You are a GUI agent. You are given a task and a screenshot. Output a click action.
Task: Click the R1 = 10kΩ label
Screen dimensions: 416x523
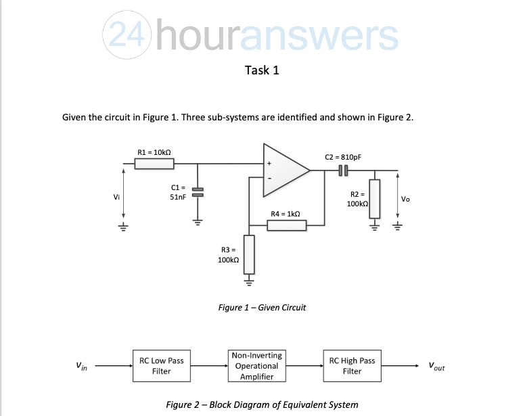pos(152,153)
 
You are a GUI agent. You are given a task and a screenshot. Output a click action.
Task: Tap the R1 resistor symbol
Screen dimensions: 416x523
pos(155,164)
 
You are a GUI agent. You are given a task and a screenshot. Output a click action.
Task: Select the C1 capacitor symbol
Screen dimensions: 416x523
pos(198,192)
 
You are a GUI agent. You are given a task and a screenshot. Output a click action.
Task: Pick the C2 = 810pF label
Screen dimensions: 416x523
pos(343,156)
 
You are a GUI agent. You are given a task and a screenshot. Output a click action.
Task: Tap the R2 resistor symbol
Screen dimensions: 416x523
pos(374,198)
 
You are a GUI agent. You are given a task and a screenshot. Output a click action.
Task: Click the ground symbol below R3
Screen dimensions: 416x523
pos(248,278)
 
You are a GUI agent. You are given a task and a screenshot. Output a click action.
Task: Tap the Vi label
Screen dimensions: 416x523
pos(117,198)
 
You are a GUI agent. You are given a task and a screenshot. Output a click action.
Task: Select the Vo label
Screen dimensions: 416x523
pos(405,199)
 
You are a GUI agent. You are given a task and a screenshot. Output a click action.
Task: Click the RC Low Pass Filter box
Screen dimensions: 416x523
pos(161,366)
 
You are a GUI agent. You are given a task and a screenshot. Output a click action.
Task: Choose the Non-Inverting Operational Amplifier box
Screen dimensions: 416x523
pos(256,366)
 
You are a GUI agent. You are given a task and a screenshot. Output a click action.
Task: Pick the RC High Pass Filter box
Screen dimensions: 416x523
pos(352,366)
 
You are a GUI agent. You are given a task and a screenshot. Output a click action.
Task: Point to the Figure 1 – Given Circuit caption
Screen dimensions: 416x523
pos(262,308)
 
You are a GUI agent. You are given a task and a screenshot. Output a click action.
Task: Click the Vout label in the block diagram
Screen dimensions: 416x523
pos(436,367)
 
